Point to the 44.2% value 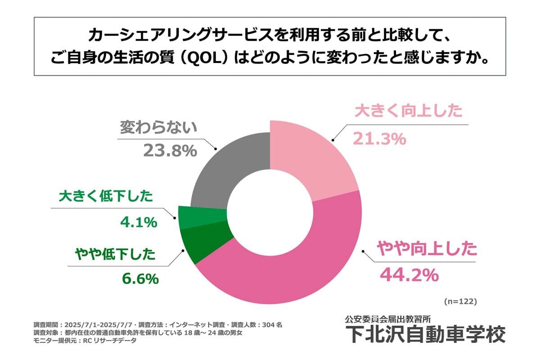point(409,275)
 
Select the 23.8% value point(170,151)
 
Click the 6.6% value point(140,279)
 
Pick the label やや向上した point(426,249)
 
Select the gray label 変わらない point(158,127)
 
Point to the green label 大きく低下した point(106,197)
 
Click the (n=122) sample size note point(460,300)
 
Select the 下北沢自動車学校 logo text point(425,334)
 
